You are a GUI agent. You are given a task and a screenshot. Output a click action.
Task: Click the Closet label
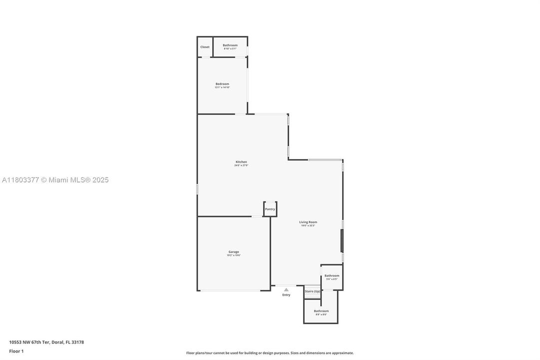205,47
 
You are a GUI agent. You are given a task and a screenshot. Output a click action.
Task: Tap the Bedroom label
222,83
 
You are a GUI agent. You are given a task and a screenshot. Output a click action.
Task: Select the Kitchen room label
241,161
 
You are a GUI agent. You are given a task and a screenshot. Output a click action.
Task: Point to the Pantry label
270,209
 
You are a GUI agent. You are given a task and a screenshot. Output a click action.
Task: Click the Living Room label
308,222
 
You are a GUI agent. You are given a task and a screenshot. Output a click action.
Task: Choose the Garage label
234,251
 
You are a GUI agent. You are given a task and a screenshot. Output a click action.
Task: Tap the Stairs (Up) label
313,291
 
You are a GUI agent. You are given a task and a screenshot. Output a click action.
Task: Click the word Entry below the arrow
286,295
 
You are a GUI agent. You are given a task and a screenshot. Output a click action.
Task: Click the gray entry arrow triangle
286,289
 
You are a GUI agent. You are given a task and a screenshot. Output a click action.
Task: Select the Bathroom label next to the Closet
230,45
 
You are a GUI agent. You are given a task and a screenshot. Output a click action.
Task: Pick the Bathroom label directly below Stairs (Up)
321,311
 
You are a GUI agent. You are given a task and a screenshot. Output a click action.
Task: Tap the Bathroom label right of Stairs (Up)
332,275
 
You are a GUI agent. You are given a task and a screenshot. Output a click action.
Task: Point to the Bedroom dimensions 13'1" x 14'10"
222,87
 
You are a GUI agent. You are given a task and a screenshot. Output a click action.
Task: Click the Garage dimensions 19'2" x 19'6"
234,255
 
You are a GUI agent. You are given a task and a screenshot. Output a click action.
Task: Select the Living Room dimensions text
308,226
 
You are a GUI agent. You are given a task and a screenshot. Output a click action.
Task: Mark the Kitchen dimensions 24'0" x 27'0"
241,165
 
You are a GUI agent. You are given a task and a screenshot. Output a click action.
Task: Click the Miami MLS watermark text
55,180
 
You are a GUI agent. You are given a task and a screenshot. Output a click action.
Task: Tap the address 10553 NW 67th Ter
46,342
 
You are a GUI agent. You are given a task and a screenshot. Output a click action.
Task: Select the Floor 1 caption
16,351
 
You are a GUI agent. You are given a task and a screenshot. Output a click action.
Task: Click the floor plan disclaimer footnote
270,353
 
